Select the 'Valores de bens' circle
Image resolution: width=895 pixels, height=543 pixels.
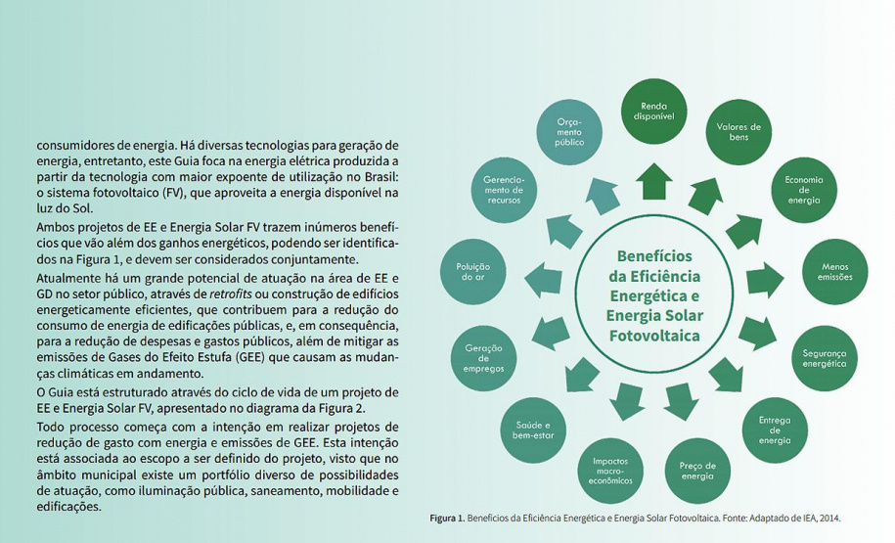(x=738, y=132)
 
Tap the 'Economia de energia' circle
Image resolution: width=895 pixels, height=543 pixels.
(x=803, y=190)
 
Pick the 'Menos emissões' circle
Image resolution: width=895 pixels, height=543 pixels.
(x=835, y=271)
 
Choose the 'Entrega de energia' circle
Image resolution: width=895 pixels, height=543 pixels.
(x=774, y=430)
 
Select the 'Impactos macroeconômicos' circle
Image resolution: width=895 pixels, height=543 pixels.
(x=611, y=471)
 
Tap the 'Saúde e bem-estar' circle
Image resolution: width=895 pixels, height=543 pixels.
(x=534, y=430)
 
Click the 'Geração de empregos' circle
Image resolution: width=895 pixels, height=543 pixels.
(x=483, y=358)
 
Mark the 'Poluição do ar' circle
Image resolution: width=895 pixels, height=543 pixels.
(x=472, y=271)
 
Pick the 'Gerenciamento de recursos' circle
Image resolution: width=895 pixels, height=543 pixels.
(x=504, y=189)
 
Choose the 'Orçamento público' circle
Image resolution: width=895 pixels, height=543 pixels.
(x=569, y=131)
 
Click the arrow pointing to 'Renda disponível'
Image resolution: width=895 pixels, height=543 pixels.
(x=653, y=181)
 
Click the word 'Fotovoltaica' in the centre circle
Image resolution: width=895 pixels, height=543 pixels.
(x=652, y=335)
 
